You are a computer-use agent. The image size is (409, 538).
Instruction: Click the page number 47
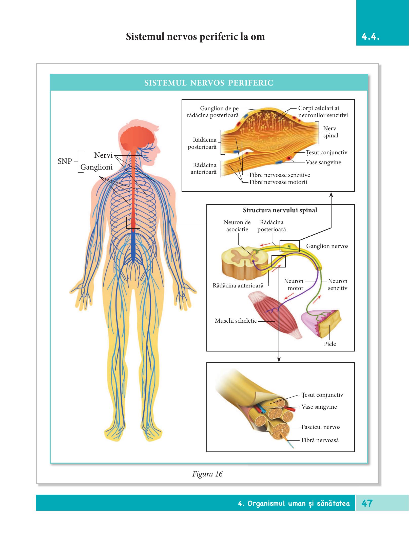pos(367,503)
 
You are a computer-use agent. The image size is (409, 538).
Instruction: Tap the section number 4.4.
pos(370,37)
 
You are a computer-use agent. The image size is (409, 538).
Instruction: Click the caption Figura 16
pos(207,474)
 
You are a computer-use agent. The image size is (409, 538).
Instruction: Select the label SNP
pos(65,161)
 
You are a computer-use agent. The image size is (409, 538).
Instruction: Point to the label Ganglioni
pos(96,167)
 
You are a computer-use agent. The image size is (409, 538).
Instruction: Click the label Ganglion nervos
pos(327,246)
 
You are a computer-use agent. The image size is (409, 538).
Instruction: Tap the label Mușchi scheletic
pos(236,321)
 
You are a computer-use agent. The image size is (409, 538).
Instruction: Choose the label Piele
pos(330,344)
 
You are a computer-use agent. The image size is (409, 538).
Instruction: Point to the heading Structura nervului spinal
pos(280,210)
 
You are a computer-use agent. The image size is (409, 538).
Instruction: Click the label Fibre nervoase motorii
pos(278,182)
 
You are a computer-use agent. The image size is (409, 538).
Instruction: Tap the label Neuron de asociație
pos(237,226)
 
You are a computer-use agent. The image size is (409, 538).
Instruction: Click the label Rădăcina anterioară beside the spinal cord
pos(238,286)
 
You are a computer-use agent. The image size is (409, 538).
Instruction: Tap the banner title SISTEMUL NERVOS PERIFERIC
pos(209,83)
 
